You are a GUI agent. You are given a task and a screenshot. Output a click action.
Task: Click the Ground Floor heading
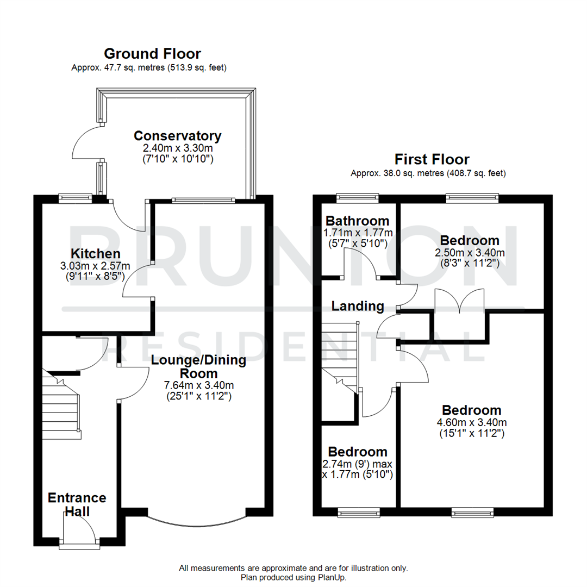pos(152,54)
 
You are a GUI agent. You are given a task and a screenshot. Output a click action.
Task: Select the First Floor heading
pos(432,160)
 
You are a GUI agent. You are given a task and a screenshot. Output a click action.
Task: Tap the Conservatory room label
pos(177,136)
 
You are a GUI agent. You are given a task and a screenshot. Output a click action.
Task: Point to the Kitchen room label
pos(95,254)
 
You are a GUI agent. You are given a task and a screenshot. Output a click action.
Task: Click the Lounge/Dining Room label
pos(198,367)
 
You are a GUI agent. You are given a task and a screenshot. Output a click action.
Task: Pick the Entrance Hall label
pos(77,505)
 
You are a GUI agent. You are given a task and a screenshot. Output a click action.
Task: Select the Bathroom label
pos(357,221)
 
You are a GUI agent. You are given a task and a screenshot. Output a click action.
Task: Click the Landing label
pos(358,307)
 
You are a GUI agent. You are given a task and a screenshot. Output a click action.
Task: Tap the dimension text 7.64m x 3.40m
pos(198,385)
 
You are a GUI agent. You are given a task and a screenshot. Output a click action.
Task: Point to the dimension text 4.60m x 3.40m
pos(471,423)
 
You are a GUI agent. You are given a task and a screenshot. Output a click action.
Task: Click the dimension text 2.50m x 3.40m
pos(470,253)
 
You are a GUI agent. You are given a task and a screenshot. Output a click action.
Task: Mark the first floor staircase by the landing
pos(339,356)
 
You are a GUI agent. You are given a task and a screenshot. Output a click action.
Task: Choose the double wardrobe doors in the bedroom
pos(460,302)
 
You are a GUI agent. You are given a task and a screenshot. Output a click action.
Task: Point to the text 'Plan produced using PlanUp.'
pos(293,577)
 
